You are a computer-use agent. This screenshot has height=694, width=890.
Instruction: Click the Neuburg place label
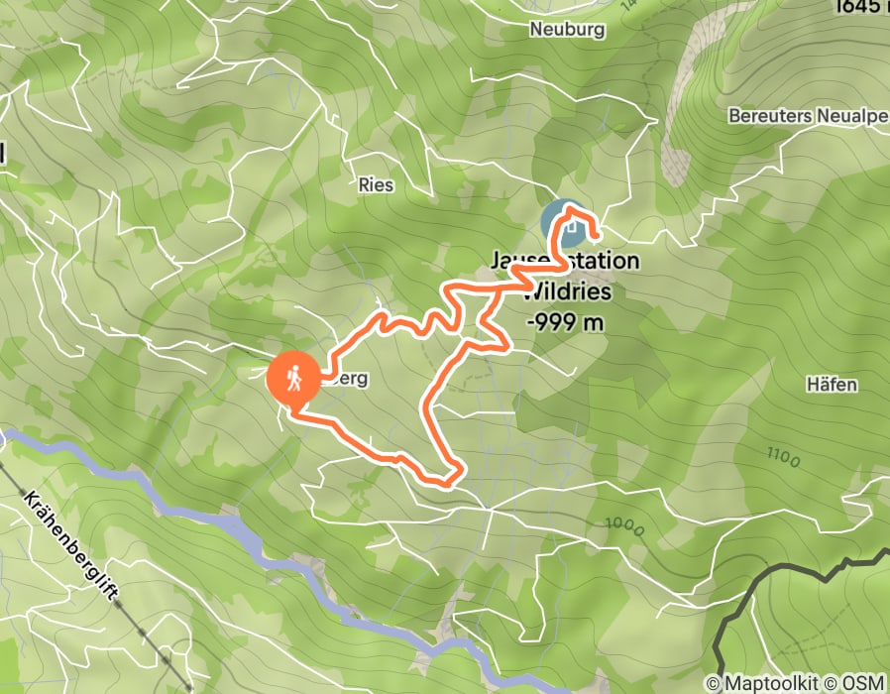click(567, 30)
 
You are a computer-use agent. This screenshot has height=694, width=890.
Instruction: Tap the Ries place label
click(377, 185)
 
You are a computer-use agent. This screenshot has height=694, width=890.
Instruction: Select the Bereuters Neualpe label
click(807, 115)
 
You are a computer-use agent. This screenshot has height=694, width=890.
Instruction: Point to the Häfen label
click(833, 385)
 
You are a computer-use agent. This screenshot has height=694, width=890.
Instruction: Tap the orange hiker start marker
click(293, 378)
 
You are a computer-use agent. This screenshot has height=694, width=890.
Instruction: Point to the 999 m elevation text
click(565, 322)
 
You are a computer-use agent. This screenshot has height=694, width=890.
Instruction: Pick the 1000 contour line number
click(624, 525)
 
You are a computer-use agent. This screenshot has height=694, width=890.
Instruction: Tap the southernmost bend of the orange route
click(446, 485)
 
